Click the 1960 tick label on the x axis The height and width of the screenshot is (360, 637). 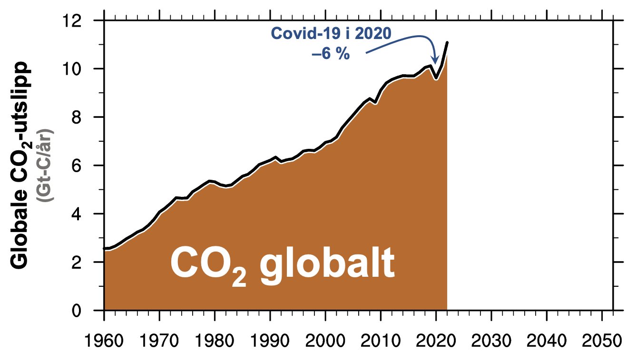pos(104,341)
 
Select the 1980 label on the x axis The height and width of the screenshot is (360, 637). pos(215,341)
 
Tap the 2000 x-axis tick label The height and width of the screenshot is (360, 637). pos(325,341)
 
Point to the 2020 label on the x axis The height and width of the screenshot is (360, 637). pos(436,341)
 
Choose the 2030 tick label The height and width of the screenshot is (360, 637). pos(491,341)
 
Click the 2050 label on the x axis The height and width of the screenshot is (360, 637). pos(602,341)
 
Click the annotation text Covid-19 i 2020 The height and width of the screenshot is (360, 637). pos(331,33)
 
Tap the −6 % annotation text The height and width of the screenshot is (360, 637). pos(331,54)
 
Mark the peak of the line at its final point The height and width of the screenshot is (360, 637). pos(447,43)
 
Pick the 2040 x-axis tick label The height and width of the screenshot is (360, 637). pos(547,341)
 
